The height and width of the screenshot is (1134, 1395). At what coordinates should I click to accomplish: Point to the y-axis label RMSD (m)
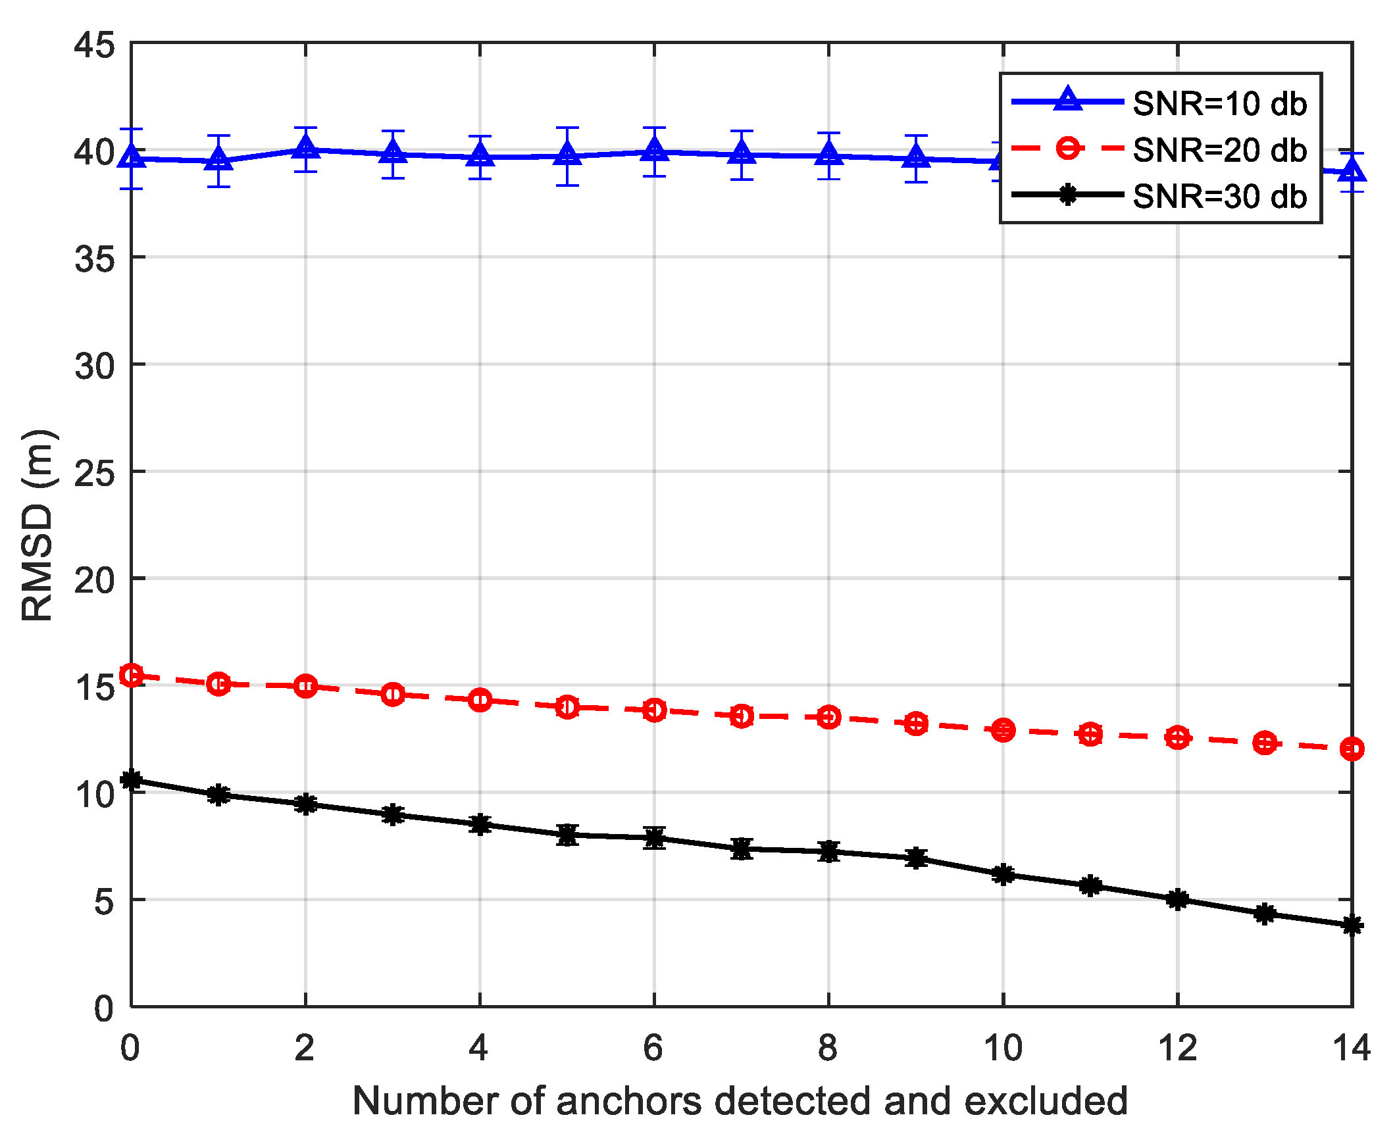point(38,524)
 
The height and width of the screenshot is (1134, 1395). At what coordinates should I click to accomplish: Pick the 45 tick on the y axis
point(93,45)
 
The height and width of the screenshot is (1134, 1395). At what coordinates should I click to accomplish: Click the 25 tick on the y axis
point(93,473)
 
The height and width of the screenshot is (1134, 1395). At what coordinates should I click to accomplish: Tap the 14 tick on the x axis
point(1350,1048)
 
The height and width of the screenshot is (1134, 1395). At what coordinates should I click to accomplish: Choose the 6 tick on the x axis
point(653,1048)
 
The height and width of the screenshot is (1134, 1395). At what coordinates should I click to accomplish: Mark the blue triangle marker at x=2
point(305,148)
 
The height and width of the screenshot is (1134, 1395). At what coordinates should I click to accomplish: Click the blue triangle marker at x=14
point(1352,171)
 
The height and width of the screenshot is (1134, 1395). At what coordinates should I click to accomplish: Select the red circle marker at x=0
point(132,675)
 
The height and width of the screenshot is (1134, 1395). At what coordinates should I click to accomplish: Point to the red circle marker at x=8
point(828,716)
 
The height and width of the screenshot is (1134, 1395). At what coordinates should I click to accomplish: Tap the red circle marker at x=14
point(1352,749)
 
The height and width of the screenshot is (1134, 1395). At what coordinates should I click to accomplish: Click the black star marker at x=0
point(132,780)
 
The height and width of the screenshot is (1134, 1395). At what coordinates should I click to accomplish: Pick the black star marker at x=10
point(1003,874)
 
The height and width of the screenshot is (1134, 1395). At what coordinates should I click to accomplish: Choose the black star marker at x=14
point(1352,925)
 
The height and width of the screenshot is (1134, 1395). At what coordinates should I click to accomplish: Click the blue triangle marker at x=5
point(567,155)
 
